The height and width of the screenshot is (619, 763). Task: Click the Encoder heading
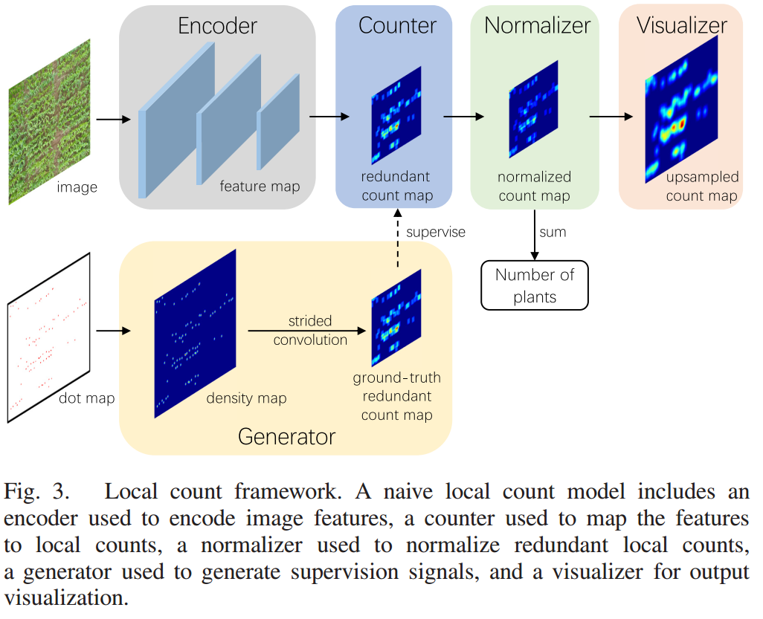(217, 26)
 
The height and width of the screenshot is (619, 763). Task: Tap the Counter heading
(397, 26)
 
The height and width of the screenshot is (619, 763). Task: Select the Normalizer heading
(537, 26)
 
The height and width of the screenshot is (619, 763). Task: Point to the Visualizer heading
(682, 26)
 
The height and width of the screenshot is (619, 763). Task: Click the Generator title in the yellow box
(286, 437)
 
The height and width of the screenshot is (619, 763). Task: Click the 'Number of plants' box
(534, 285)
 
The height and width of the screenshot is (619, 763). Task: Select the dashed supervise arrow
(398, 239)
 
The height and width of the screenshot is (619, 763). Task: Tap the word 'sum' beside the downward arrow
(553, 233)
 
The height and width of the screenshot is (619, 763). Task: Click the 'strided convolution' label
(310, 330)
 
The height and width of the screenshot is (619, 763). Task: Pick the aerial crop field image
(50, 122)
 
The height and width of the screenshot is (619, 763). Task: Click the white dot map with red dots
(48, 337)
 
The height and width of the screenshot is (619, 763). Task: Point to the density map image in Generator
(195, 334)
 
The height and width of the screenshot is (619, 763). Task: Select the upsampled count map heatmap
(681, 109)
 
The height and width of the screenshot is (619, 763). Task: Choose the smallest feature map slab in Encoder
(278, 122)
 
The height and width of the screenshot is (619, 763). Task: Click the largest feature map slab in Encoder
(176, 120)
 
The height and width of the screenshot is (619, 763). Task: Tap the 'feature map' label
(260, 187)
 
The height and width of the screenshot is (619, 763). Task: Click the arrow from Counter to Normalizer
(463, 117)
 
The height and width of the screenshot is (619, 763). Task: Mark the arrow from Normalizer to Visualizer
(611, 117)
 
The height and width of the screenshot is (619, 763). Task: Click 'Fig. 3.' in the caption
(36, 492)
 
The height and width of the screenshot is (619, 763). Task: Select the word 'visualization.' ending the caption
(66, 598)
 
